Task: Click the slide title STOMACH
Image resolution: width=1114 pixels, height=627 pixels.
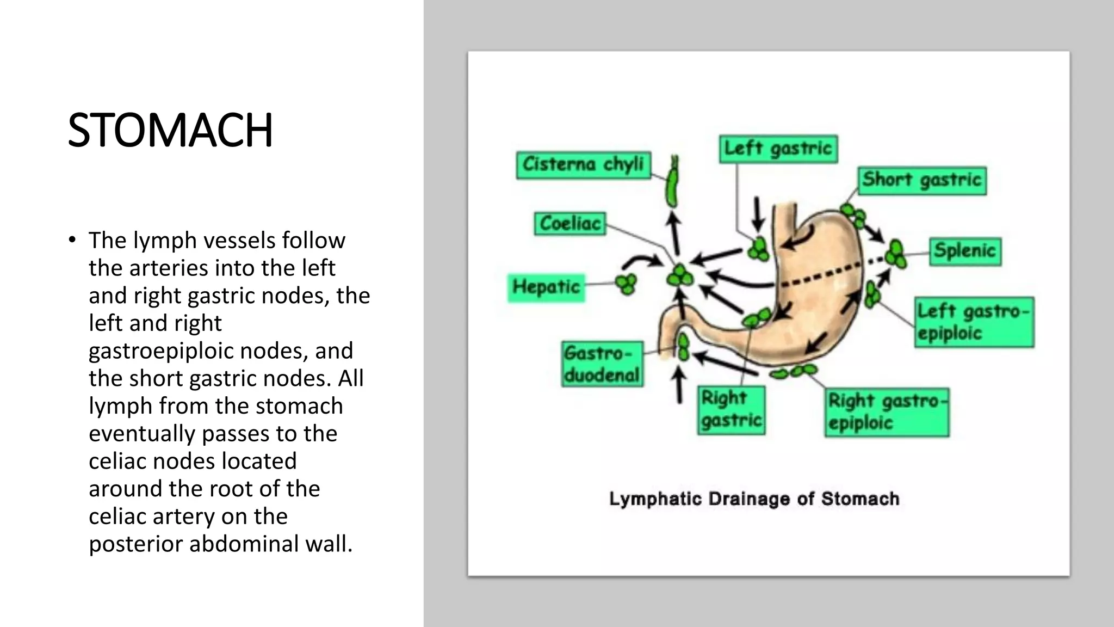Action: point(170,130)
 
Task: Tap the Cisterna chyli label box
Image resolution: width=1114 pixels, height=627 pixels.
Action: point(583,165)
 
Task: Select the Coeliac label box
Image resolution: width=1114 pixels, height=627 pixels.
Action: point(570,223)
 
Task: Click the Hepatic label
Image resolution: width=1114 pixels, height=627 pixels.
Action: point(546,287)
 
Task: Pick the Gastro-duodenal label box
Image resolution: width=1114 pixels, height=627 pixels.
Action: point(602,364)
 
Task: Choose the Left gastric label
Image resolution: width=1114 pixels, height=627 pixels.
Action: point(778,149)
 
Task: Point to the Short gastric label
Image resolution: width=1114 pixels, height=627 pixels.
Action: point(923,180)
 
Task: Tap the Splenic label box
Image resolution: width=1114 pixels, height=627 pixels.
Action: point(965,251)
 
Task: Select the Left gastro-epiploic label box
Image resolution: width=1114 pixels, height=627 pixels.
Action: point(974,322)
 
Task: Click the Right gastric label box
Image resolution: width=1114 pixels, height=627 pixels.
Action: point(732,410)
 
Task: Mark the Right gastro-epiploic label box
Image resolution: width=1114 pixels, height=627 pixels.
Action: point(887,412)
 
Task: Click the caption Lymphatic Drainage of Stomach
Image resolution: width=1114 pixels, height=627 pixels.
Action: point(754,499)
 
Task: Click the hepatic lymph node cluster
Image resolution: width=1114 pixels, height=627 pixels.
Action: point(626,283)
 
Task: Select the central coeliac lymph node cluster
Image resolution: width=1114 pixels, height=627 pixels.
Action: point(680,275)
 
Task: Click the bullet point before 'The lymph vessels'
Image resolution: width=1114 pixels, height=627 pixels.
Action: point(72,239)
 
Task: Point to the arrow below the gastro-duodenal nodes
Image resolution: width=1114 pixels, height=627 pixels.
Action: point(679,385)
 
